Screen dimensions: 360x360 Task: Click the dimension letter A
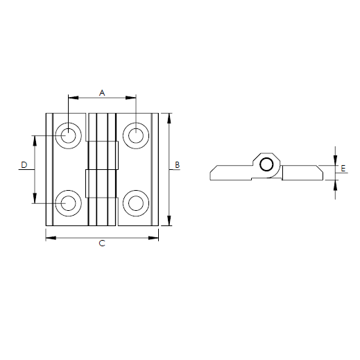tap(102, 93)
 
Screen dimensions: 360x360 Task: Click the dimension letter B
tap(177, 165)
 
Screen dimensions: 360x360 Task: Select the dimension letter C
tap(102, 243)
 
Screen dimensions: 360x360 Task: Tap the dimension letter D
tap(24, 165)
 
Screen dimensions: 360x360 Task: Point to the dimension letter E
tap(343, 168)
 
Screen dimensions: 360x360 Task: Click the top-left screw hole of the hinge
tap(68, 135)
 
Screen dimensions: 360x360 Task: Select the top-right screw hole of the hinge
tap(136, 135)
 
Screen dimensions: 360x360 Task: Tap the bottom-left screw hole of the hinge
tap(68, 203)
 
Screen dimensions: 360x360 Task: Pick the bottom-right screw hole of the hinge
tap(136, 203)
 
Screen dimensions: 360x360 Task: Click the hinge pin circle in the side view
tap(266, 164)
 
